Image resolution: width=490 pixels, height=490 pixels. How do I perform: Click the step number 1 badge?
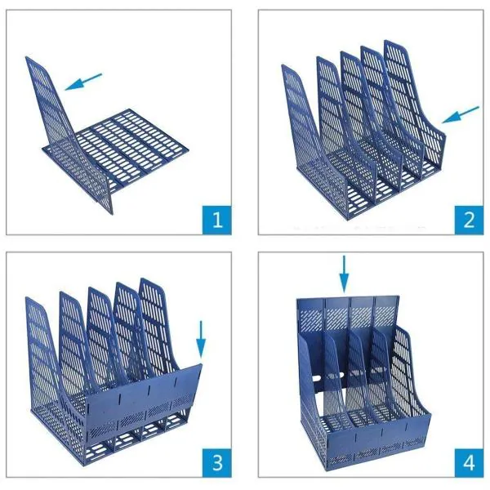click(x=216, y=218)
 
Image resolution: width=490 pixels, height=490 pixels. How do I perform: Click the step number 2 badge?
click(x=469, y=218)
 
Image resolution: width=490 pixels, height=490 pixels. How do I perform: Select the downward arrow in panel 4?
click(x=344, y=273)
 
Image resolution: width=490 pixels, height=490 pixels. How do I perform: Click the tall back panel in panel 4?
click(x=351, y=314)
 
